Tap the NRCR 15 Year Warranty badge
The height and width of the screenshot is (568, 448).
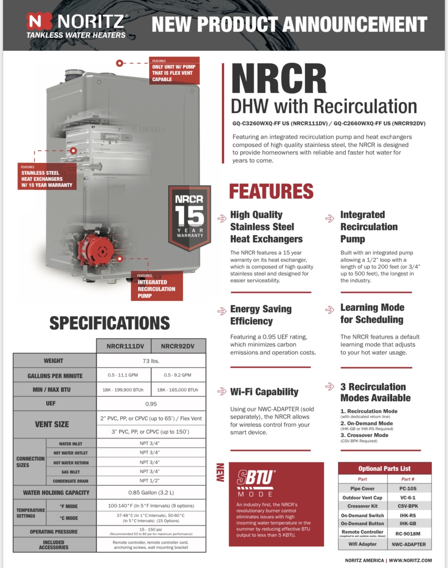click(190, 217)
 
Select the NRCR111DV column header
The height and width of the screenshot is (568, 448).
click(125, 346)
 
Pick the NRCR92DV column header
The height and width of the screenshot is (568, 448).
click(177, 346)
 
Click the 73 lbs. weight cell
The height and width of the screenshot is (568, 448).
click(151, 361)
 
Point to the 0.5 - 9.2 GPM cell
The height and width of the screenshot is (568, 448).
click(177, 375)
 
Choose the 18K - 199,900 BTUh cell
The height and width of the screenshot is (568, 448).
click(123, 390)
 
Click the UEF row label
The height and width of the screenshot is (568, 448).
click(51, 403)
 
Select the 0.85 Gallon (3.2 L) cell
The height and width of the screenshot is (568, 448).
click(151, 492)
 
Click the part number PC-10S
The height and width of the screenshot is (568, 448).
click(408, 489)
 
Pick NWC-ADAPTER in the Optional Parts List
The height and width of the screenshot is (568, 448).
click(408, 544)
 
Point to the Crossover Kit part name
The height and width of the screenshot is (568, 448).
click(363, 506)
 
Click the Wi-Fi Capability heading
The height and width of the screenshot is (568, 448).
click(264, 392)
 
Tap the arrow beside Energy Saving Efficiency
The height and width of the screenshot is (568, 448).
click(222, 311)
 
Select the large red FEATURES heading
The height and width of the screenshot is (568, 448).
click(271, 191)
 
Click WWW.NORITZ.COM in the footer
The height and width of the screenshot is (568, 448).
click(410, 560)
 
